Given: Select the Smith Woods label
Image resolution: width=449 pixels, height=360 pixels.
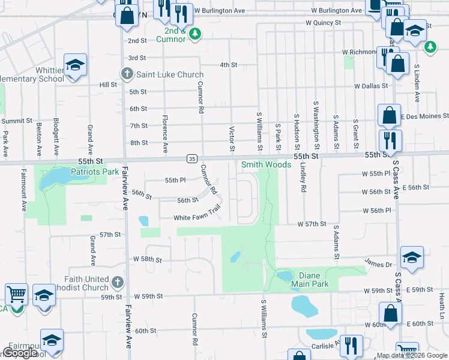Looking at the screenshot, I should click(x=266, y=164).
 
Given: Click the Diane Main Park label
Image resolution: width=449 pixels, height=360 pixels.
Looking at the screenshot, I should click(x=310, y=280).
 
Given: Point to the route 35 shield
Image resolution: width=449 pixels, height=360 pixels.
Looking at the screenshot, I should click(x=191, y=158).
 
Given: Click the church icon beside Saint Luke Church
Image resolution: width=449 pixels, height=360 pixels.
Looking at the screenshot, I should click(x=127, y=74).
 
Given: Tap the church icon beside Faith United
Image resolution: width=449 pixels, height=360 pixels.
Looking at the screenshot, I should click(x=118, y=282).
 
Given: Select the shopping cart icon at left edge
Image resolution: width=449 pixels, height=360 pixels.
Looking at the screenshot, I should click(x=16, y=295).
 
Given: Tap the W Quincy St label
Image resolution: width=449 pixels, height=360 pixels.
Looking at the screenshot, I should click(x=323, y=22).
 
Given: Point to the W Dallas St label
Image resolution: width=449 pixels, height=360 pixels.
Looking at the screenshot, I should click(x=371, y=86).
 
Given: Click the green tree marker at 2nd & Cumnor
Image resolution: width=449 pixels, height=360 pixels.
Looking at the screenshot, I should click(x=194, y=34).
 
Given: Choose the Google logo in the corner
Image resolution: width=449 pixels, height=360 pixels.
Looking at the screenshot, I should click(x=19, y=353).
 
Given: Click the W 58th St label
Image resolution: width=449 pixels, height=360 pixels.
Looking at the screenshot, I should click(x=148, y=260).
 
